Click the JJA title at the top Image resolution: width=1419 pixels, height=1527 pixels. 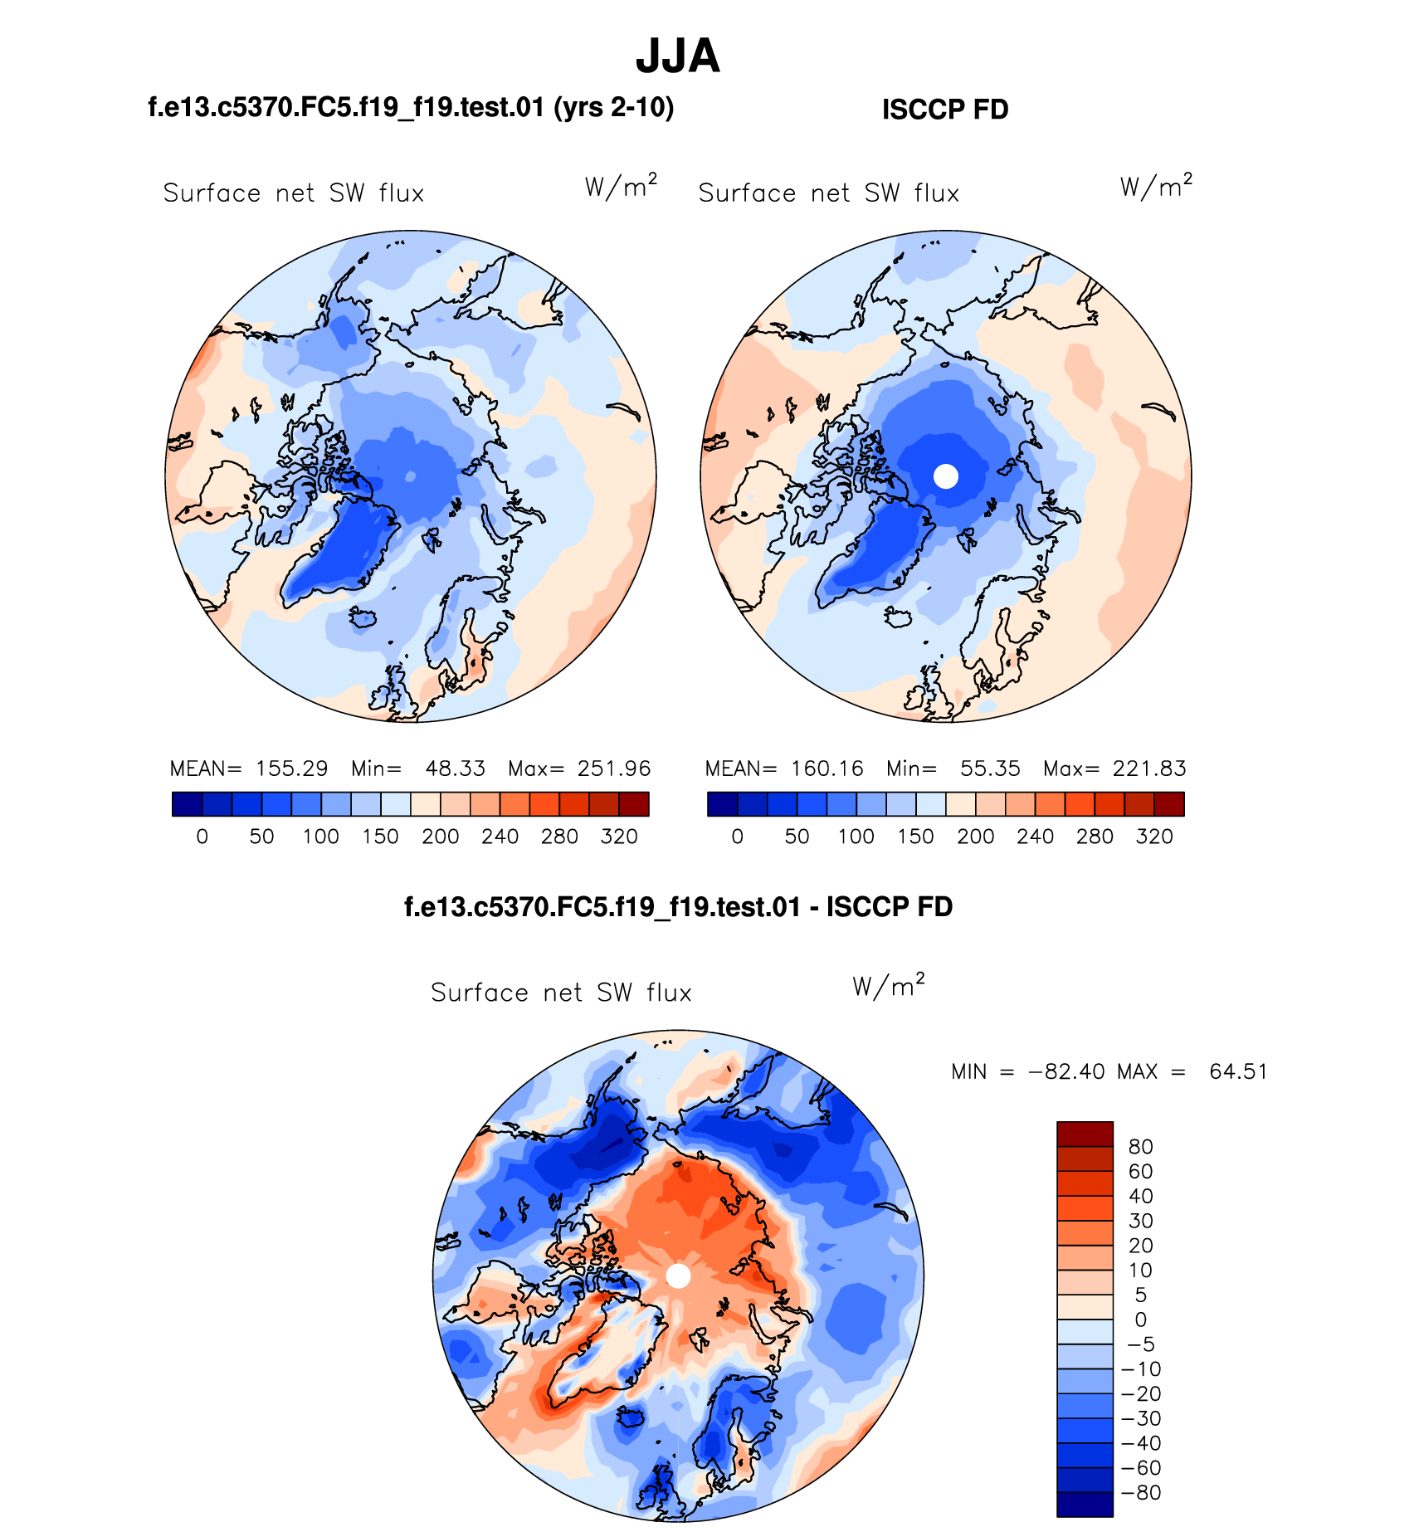[x=677, y=56]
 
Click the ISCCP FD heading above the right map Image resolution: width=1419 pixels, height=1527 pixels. [x=945, y=110]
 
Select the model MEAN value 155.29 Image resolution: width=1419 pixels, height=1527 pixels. [x=291, y=768]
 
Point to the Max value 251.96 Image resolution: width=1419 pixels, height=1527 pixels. [x=614, y=768]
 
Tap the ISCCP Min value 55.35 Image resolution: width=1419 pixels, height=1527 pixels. [x=990, y=768]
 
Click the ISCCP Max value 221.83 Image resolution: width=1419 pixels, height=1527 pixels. [x=1149, y=768]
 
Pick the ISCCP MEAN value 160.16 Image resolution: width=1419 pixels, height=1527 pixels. [x=827, y=768]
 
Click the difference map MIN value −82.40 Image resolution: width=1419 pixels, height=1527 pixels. [x=1066, y=1071]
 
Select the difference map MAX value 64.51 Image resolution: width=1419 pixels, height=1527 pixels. [x=1238, y=1071]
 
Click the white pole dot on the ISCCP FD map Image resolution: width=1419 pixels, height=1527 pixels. [x=946, y=476]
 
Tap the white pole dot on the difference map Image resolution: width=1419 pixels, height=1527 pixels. [x=679, y=1276]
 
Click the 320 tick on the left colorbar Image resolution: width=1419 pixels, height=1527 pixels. [x=619, y=837]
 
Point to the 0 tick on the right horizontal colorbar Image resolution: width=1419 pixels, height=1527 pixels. [x=737, y=837]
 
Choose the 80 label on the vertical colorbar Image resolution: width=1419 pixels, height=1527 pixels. [x=1140, y=1147]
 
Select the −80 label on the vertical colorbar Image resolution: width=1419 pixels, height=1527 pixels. [x=1140, y=1493]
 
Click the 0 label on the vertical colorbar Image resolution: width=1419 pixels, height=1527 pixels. [x=1140, y=1320]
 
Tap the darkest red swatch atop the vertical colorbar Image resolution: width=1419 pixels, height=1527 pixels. [x=1085, y=1134]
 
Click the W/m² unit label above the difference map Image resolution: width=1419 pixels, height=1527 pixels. [x=888, y=986]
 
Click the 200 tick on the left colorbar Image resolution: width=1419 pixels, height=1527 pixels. [x=440, y=837]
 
